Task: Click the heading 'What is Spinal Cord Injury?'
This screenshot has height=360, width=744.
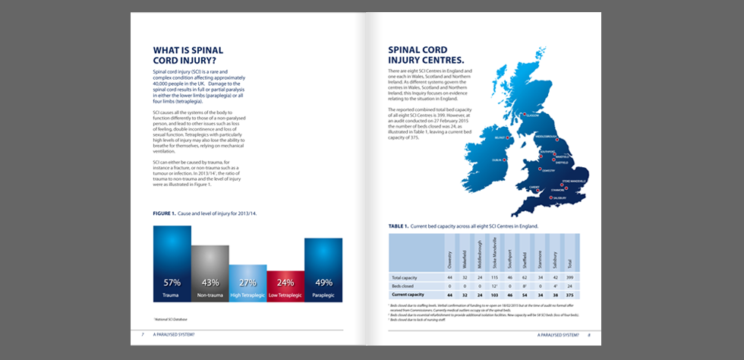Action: click(188, 55)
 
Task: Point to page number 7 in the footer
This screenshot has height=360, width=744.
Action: click(143, 334)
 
